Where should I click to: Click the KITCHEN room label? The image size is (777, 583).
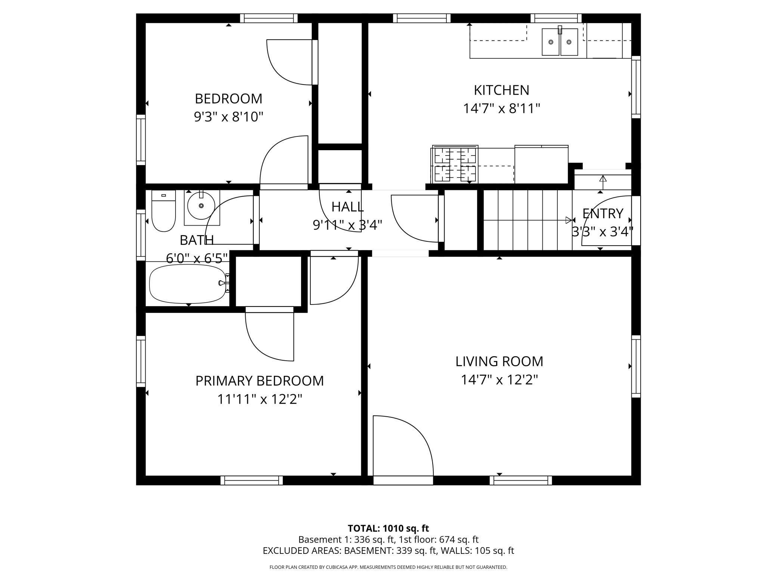pos(501,90)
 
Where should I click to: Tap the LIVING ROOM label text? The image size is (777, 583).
pos(499,361)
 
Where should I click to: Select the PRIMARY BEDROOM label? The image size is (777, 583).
pos(260,381)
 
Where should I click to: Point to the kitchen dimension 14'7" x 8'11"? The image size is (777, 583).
pos(501,109)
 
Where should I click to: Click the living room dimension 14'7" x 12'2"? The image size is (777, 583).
pos(499,380)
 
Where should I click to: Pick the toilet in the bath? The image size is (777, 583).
pos(164,211)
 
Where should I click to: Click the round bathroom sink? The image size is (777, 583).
pos(201,206)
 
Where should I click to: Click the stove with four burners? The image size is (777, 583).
pos(455,165)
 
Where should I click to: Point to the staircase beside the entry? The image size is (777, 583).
pos(527,220)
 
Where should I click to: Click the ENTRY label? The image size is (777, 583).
pos(603,213)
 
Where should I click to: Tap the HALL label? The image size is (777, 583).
pos(347,207)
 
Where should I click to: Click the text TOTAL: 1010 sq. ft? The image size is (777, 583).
pos(388,528)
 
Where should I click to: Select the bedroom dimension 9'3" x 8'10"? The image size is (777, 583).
pos(228,117)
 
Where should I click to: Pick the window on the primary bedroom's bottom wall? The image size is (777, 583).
pos(251,480)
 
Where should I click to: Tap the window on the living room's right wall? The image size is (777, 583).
pos(636,366)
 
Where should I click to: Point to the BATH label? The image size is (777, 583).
pos(197,240)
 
